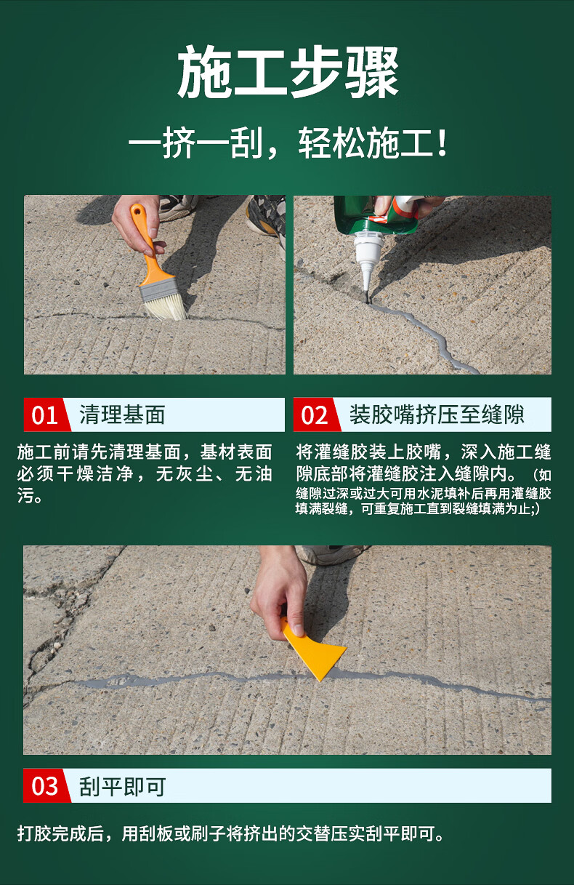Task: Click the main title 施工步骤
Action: [288, 71]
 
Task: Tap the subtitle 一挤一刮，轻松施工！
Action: [288, 143]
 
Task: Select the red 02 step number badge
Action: [316, 415]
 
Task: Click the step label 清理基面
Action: [122, 415]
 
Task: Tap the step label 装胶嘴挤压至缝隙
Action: [437, 415]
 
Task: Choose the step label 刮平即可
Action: [122, 786]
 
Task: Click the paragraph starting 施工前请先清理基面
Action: [145, 473]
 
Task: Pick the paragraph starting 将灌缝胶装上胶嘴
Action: [423, 478]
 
